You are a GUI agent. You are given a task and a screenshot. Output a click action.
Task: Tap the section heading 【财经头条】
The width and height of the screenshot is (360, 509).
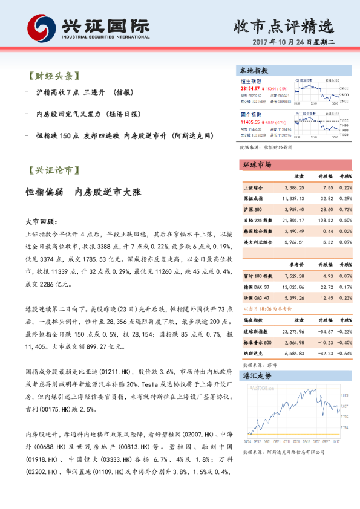tap(53, 76)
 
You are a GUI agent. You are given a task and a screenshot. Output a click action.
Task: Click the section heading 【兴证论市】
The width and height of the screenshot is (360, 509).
tap(53, 170)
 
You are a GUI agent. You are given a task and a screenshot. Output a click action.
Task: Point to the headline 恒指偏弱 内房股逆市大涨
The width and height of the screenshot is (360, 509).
tap(83, 192)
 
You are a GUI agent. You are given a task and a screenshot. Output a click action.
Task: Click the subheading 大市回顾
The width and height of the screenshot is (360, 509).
tap(42, 222)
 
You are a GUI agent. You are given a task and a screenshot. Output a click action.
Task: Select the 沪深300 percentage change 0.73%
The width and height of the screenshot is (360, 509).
tap(345, 209)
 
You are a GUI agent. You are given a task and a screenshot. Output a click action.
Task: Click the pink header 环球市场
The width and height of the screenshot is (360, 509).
tap(257, 165)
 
